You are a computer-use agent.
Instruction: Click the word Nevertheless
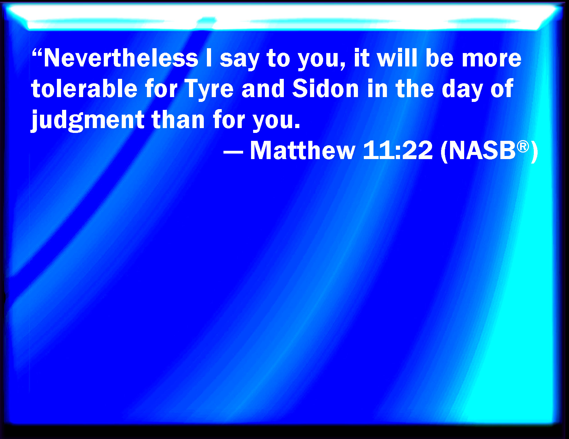121,58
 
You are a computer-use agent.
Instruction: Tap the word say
239,61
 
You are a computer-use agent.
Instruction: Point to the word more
491,60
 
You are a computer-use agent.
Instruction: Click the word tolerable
84,88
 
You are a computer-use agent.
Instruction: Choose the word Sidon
326,88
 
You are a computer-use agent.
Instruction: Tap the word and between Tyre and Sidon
263,88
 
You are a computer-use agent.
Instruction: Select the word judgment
88,121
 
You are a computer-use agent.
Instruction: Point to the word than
178,119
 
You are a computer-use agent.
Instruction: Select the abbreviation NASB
482,151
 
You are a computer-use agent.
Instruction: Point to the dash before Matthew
233,151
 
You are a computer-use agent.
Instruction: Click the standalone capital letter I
209,58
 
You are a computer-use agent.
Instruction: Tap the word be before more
440,58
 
